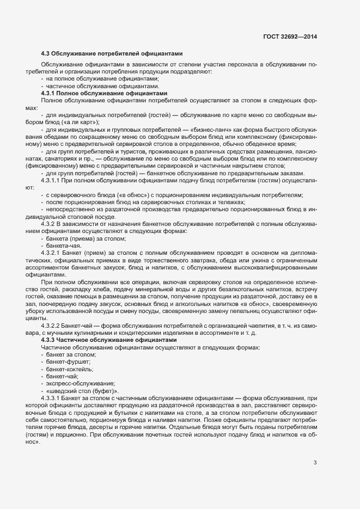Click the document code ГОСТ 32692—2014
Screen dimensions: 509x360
pos(289,36)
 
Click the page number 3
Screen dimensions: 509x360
pos(315,463)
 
